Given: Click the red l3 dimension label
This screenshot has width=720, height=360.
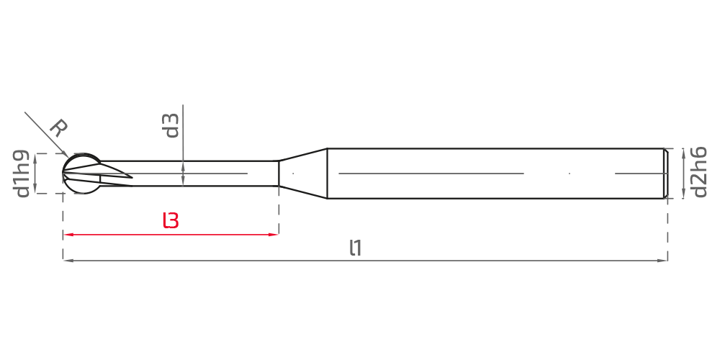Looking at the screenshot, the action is (171, 220).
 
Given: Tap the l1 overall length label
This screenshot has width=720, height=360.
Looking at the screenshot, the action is (356, 248).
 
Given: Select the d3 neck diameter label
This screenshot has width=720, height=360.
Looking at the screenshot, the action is (171, 125).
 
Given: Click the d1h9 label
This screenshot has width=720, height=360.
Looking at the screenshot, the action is (22, 174).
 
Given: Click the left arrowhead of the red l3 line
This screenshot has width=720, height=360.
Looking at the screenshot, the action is (68, 235).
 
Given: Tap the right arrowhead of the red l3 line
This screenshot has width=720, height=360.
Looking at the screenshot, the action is (274, 235).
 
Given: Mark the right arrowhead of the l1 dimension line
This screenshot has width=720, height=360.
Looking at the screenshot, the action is (662, 261).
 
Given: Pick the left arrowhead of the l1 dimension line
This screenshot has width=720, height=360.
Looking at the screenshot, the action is (68, 261).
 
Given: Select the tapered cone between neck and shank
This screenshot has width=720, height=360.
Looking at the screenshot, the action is (303, 173).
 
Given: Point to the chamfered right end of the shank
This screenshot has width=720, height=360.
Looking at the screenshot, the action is (666, 174).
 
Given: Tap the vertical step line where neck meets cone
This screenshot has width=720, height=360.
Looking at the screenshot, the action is (279, 173).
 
